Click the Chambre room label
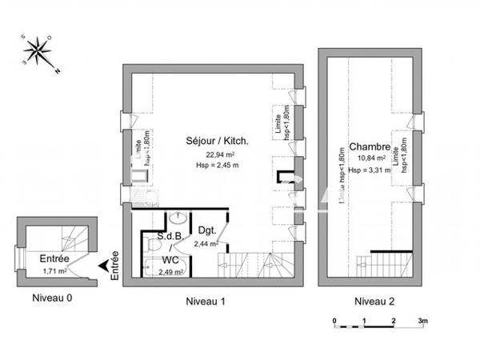(370, 147)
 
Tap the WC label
(169, 260)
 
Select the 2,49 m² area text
(170, 272)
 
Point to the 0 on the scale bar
(334, 320)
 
